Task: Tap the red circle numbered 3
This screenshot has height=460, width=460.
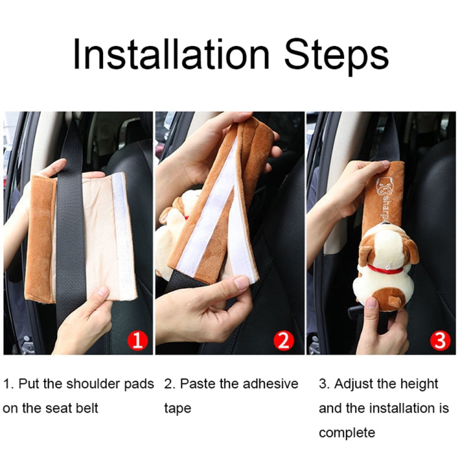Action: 439,340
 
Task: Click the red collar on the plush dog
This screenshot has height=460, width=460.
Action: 386,269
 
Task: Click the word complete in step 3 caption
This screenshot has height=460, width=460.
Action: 347,433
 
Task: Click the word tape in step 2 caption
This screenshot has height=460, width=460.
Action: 178,408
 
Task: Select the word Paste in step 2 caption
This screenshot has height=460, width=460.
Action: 197,385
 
